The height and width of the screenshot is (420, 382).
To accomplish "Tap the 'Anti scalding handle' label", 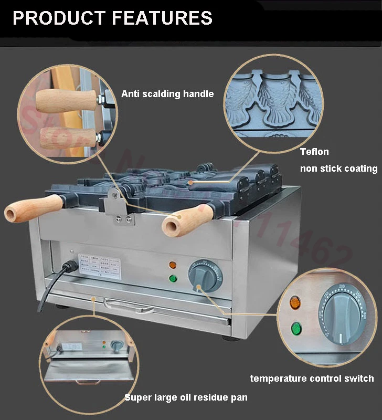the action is pos(167,94).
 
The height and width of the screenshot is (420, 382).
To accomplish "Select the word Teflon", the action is pos(314,152).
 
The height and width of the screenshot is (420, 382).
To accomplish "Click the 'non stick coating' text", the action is pos(338,169).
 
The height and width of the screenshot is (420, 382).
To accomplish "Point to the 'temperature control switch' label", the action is pos(312,378).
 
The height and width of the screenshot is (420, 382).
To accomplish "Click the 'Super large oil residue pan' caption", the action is pos(186,397).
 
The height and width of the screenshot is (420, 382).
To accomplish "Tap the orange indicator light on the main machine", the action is pos(172,265).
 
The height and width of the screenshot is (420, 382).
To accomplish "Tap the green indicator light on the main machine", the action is pos(172,278).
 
